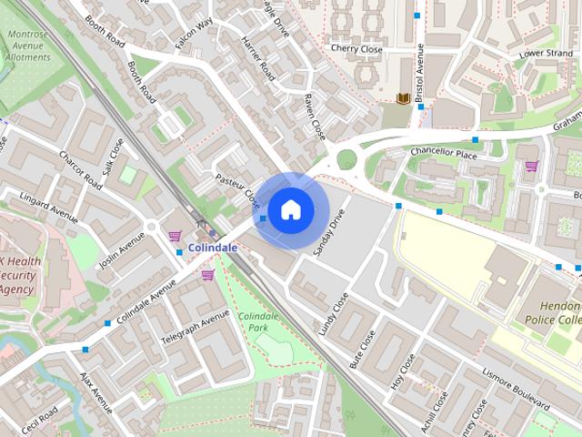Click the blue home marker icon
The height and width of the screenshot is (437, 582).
point(289,209)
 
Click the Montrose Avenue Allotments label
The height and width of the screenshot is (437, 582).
point(28,45)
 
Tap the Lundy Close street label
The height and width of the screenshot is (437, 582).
point(334,314)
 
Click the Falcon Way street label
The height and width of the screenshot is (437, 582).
point(194,36)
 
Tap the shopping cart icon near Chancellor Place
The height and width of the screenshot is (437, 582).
point(531,167)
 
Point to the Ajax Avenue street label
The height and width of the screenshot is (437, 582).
point(95,391)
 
